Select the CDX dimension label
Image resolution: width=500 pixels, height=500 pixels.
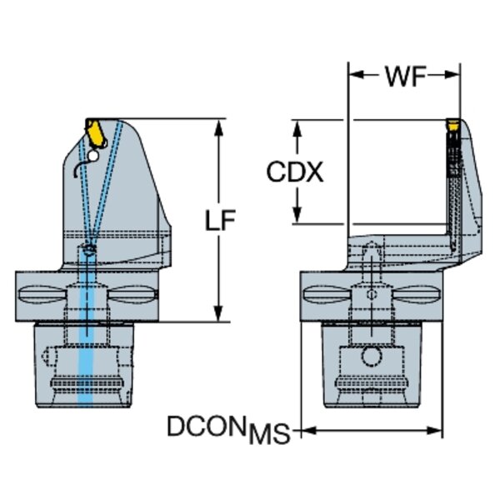[x=294, y=172]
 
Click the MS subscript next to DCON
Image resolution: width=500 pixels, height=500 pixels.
[x=269, y=434]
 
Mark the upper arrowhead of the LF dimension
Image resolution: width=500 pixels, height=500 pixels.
[x=219, y=125]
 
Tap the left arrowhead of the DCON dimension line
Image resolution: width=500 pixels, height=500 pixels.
[x=305, y=431]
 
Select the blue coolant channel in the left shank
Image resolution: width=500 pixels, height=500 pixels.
[x=84, y=350]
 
